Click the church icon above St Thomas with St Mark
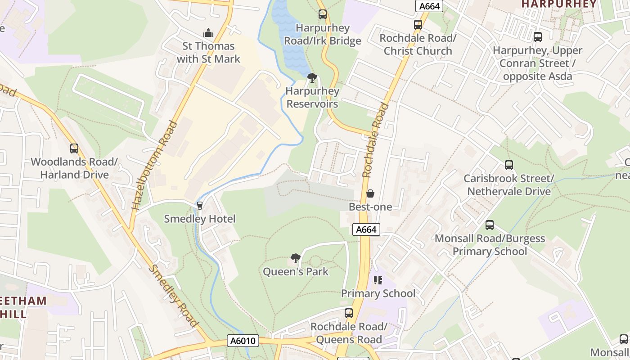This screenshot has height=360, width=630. click(208, 33)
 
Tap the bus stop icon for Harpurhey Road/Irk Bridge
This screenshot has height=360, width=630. click(322, 14)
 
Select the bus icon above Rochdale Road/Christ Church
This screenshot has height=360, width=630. click(418, 25)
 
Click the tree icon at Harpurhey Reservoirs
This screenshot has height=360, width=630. click(312, 78)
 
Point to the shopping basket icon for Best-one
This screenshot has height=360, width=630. click(370, 193)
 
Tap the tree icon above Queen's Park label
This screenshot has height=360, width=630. click(295, 258)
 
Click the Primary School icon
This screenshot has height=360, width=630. click(378, 280)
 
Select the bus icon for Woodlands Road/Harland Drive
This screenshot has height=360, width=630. click(74, 148)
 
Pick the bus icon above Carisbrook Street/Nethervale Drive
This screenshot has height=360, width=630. click(508, 165)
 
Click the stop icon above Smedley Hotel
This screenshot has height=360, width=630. click(200, 206)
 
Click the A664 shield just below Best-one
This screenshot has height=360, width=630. click(366, 229)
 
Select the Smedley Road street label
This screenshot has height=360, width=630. click(174, 296)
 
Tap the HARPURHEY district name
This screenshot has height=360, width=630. click(558, 4)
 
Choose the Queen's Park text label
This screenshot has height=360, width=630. click(296, 272)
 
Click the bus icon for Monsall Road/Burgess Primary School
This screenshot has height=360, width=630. click(490, 225)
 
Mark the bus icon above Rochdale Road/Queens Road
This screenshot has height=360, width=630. click(349, 313)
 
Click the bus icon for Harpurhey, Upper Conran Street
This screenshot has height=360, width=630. click(537, 37)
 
